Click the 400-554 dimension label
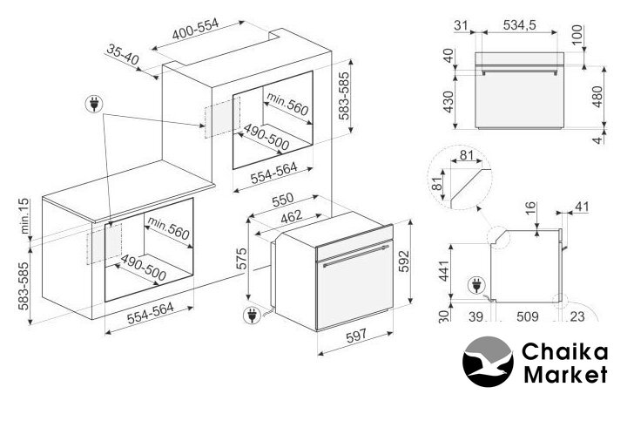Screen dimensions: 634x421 195,29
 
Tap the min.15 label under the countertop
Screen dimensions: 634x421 24,216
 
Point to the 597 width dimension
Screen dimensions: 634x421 356,336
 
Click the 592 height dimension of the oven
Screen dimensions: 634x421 404,261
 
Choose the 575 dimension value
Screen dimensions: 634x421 241,259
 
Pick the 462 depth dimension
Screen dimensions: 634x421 291,216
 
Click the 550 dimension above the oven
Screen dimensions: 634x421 282,200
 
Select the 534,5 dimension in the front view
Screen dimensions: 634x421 520,25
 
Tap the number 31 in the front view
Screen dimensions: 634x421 461,25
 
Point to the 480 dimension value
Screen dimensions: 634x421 597,97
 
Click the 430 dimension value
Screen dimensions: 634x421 449,102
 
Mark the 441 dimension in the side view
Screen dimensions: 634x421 444,271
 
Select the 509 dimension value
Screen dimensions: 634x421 527,316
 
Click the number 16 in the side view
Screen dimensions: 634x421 530,208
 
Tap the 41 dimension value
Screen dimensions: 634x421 582,207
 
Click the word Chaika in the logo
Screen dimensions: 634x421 565,352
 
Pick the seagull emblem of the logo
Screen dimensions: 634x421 488,362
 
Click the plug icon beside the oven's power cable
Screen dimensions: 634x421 252,316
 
